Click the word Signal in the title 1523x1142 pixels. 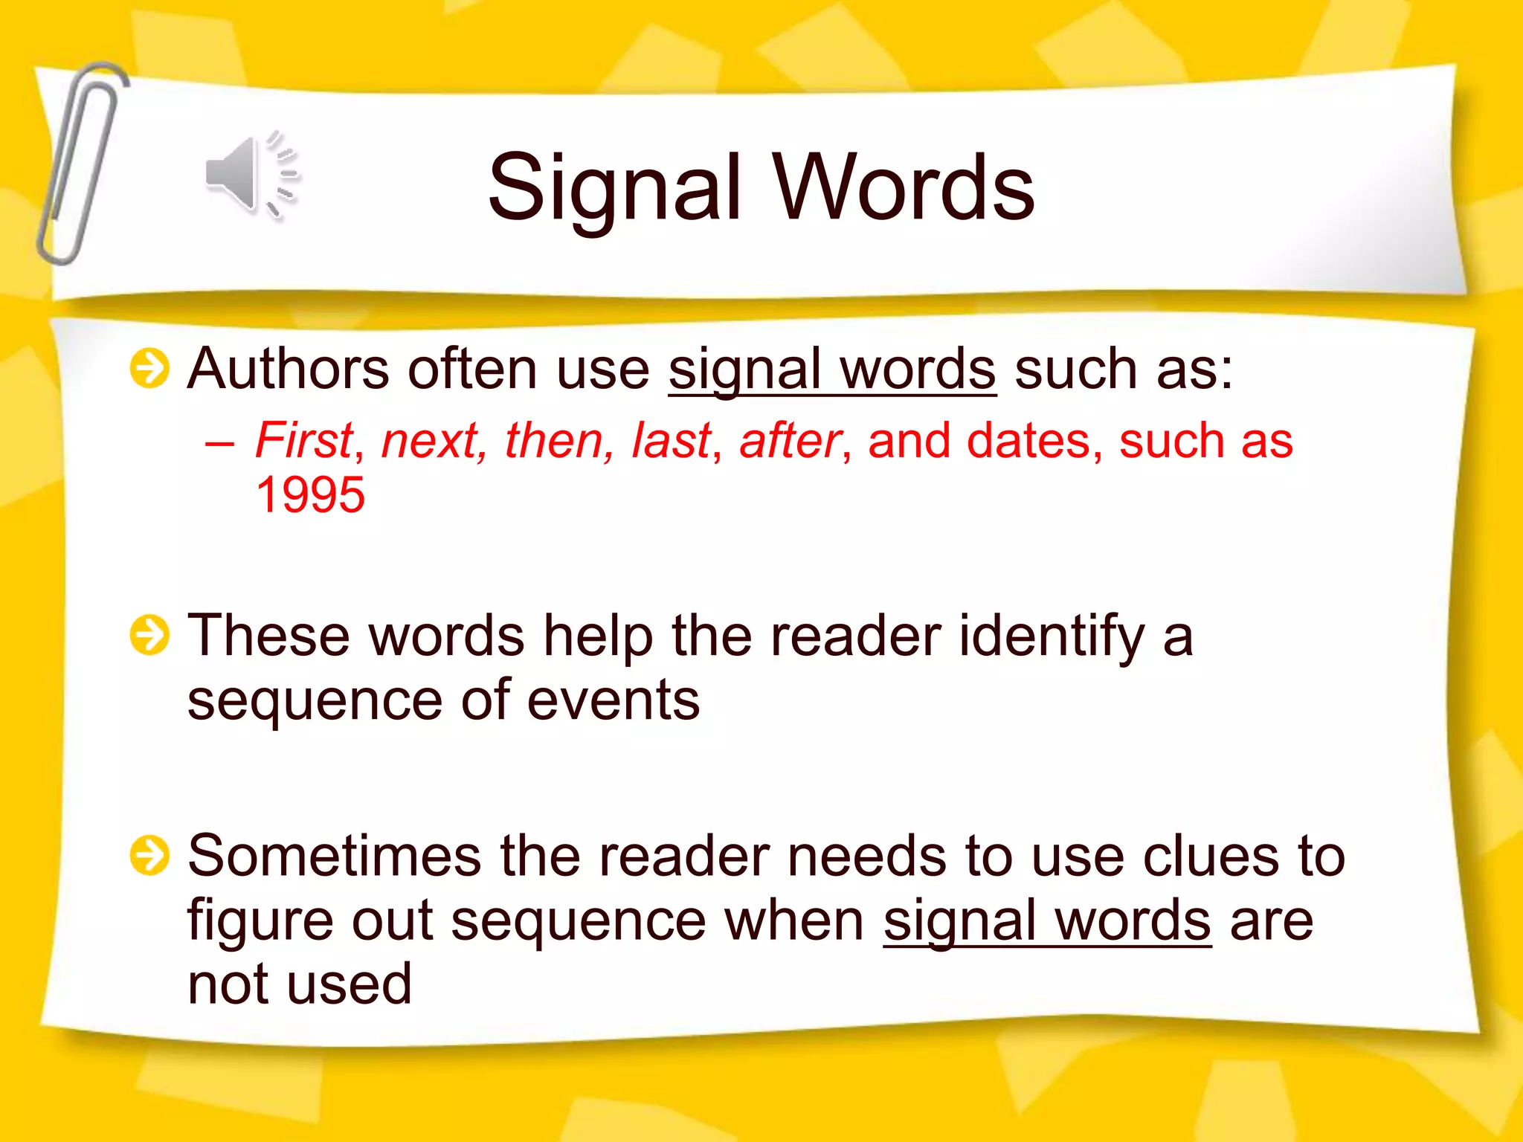pos(614,187)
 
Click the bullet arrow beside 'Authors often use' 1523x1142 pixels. pos(149,368)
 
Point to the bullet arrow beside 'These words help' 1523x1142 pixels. pos(149,636)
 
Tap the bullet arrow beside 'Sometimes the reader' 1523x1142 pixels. pos(149,855)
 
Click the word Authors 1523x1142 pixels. pos(288,369)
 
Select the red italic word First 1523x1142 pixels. pos(303,440)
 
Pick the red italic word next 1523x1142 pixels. pos(430,440)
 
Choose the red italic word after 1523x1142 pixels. pos(790,440)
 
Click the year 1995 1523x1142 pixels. pos(310,495)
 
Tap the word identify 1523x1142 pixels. pos(1052,638)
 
